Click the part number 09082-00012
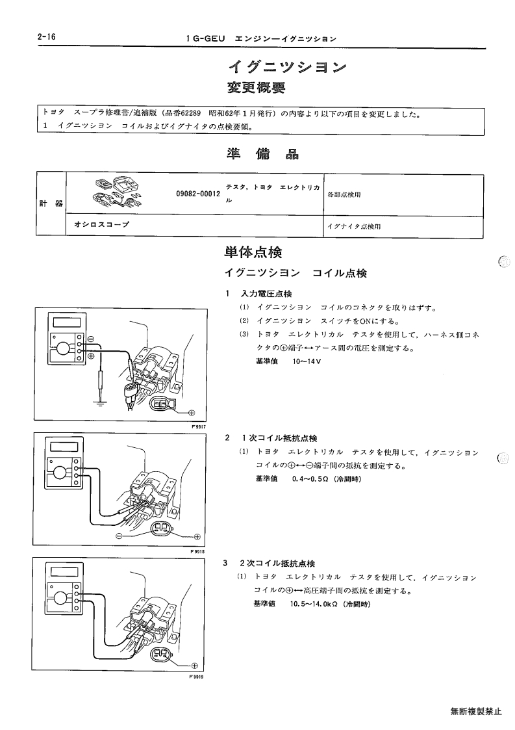tap(197, 194)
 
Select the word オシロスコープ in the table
tap(101, 224)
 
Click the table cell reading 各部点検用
tap(344, 194)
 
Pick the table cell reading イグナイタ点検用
tap(353, 227)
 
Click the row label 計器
tap(51, 203)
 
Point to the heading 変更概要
tap(257, 88)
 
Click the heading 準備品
tap(262, 154)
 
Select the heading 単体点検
tap(253, 252)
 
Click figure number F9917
tap(199, 426)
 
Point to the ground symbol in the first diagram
tap(100, 402)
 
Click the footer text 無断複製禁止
tap(476, 711)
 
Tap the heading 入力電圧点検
tap(266, 294)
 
